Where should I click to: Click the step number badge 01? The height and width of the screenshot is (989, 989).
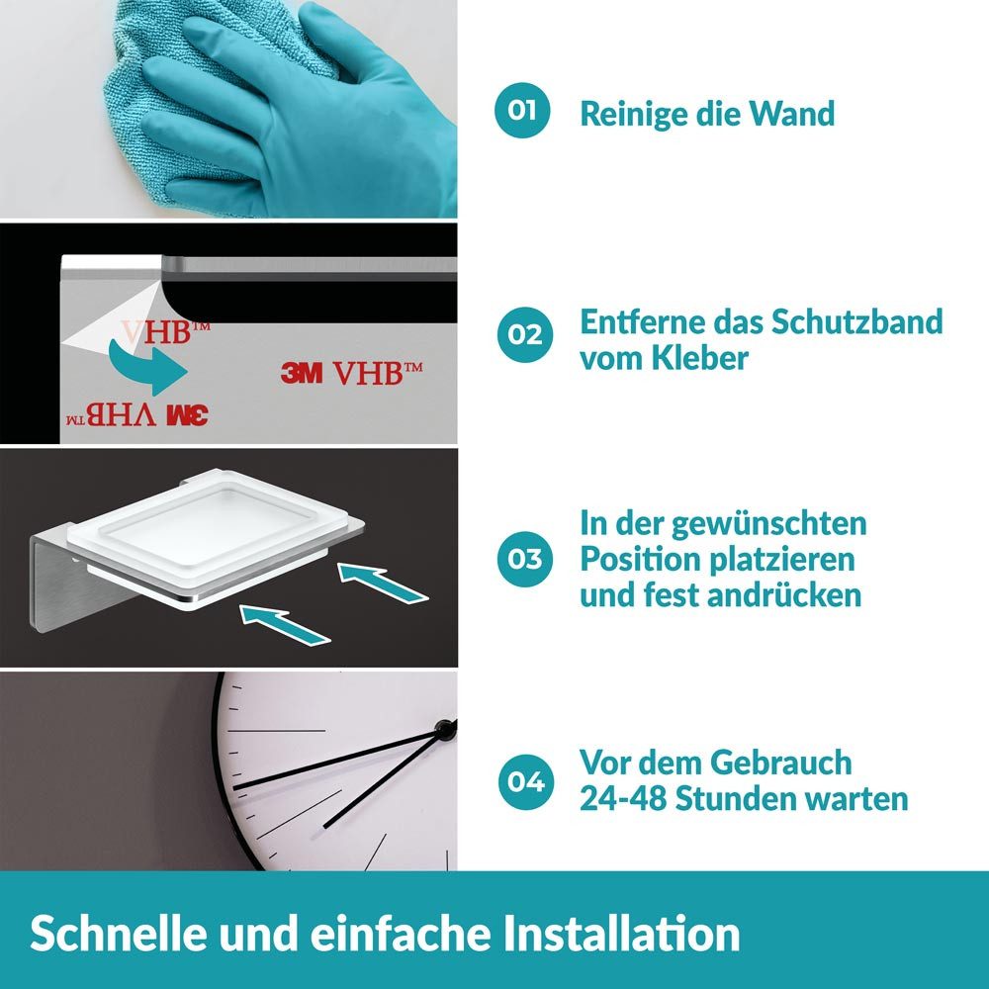[x=522, y=111]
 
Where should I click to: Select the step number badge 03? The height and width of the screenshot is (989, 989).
[x=522, y=559]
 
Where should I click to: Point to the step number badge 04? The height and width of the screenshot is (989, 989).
[x=522, y=781]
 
